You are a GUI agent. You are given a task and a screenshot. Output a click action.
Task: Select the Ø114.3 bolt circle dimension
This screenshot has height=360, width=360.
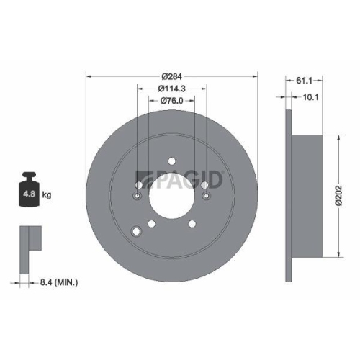pyautogui.click(x=172, y=88)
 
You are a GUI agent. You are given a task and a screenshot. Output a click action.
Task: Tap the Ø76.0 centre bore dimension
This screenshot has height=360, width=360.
pyautogui.click(x=172, y=100)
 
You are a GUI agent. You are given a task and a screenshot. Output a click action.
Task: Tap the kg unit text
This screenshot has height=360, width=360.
pyautogui.click(x=47, y=194)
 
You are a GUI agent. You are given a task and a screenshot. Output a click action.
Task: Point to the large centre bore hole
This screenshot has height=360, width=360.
pyautogui.click(x=172, y=195)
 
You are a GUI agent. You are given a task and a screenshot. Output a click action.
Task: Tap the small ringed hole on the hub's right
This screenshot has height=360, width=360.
pyautogui.click(x=206, y=195)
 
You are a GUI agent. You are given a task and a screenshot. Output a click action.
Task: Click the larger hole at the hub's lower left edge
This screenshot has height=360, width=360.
pyautogui.click(x=137, y=232)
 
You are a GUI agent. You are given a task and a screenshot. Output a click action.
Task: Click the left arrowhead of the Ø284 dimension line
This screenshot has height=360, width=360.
pyautogui.click(x=89, y=76)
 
